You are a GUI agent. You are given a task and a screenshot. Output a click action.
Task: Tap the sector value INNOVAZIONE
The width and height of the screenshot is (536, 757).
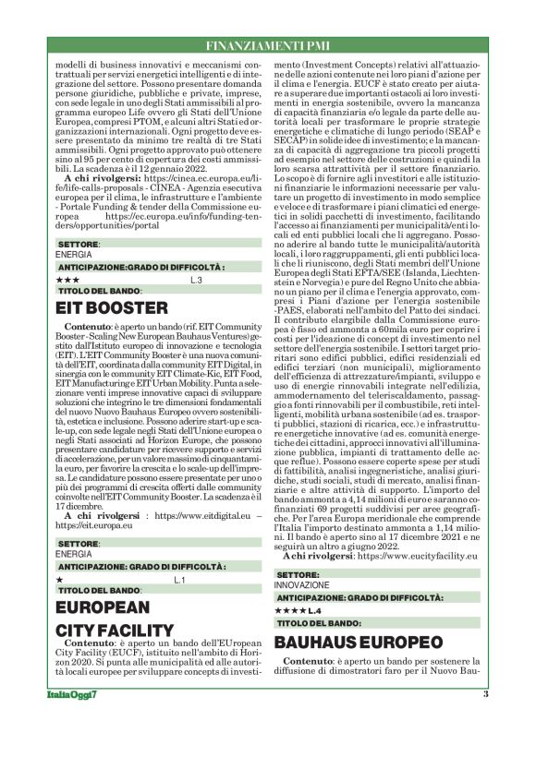300,585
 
